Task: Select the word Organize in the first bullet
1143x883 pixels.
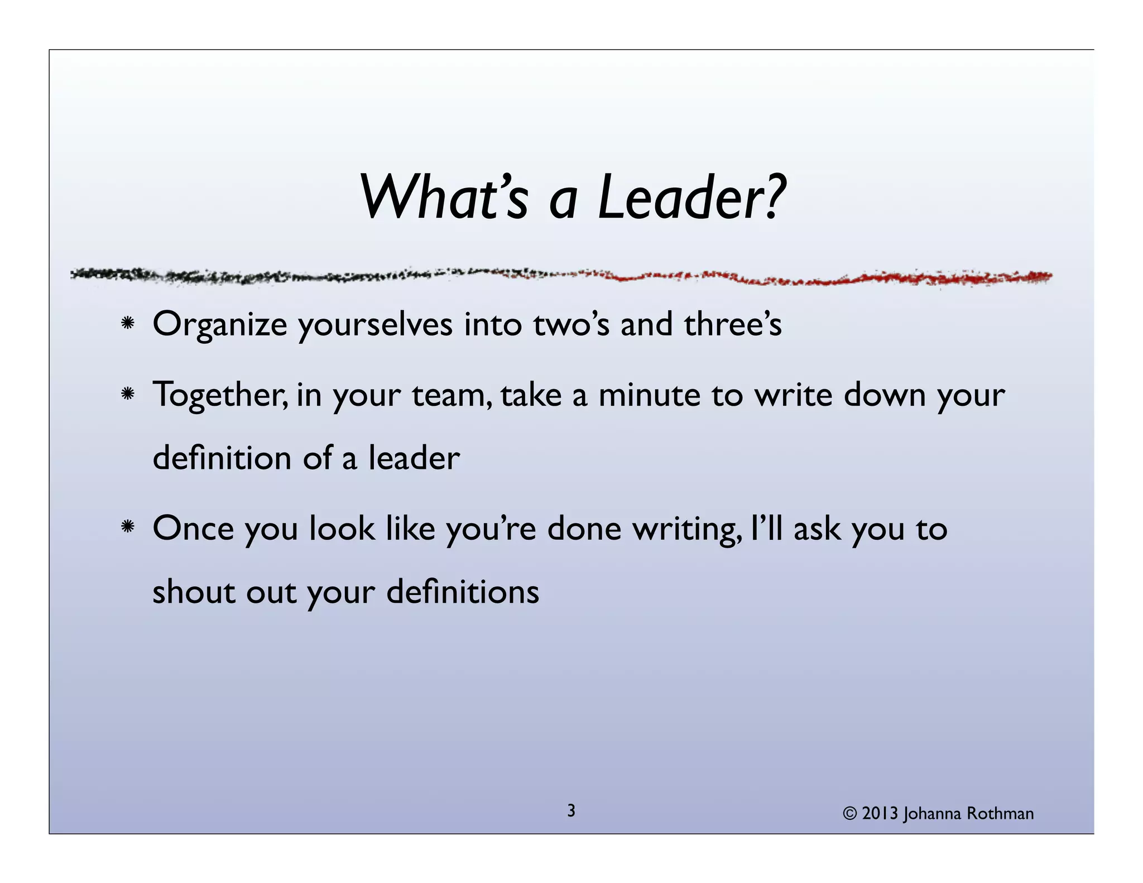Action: pyautogui.click(x=219, y=325)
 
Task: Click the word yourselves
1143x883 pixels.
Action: pyautogui.click(x=375, y=325)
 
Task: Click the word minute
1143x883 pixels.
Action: pyautogui.click(x=649, y=395)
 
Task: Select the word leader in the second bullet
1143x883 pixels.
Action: pyautogui.click(x=414, y=458)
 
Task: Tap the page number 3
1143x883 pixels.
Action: pyautogui.click(x=571, y=810)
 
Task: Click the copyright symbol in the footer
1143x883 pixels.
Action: pyautogui.click(x=849, y=813)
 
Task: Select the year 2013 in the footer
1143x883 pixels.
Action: pyautogui.click(x=880, y=813)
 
